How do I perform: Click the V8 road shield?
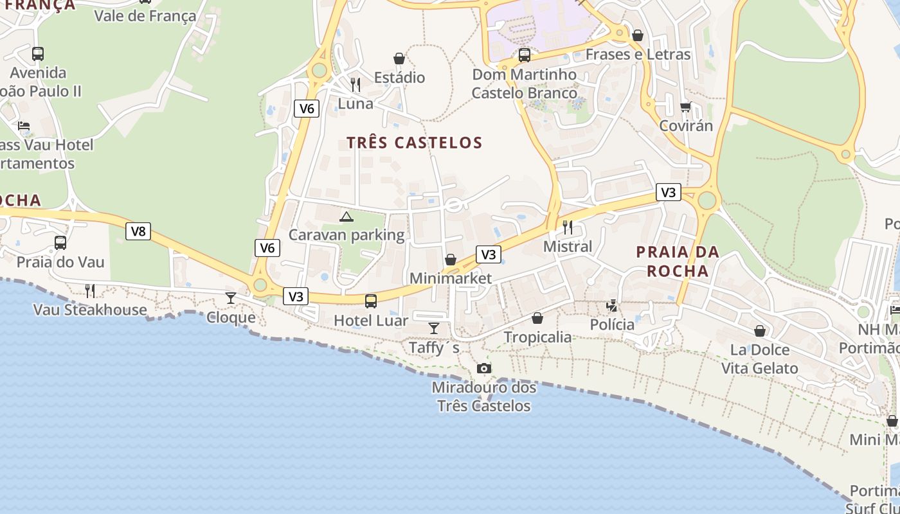138,231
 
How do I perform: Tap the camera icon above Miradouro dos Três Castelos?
484,368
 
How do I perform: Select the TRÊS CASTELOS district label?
415,143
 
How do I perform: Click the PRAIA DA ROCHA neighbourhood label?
678,261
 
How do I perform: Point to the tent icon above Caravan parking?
346,217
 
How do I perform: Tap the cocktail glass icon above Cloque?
231,297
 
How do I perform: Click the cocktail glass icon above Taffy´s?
434,328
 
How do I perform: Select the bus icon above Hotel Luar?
371,301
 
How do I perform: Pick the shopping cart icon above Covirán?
686,107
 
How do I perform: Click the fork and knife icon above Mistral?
568,227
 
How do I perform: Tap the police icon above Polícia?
612,306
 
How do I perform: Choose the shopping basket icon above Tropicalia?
537,318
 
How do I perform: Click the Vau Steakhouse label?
90,310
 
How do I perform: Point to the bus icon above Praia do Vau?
60,243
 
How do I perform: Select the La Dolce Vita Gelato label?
759,359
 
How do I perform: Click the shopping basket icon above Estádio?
399,58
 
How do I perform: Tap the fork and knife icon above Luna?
355,84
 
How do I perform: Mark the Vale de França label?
145,15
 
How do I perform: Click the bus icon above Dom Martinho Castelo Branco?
525,55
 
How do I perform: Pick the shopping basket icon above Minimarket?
451,260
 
